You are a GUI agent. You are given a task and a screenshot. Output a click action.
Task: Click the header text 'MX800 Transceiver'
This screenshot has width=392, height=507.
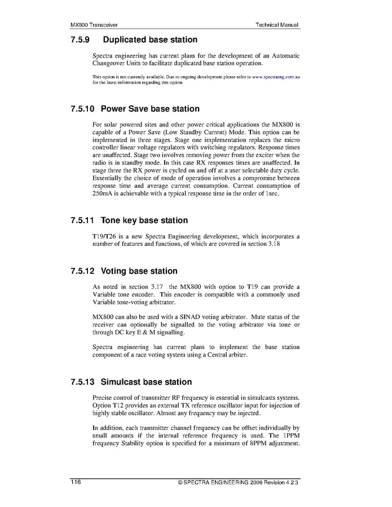[x=94, y=25]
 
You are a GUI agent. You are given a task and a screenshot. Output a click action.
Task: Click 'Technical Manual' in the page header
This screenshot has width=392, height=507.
[x=277, y=25]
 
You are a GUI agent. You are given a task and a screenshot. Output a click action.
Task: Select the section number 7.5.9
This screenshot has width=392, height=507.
[x=81, y=40]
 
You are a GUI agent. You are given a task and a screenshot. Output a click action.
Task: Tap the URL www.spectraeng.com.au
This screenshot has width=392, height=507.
[x=275, y=76]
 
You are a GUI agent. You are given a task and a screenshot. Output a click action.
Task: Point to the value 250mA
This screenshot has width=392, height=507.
[x=102, y=193]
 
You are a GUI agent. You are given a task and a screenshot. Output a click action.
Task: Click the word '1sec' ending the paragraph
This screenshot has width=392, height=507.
[x=273, y=193]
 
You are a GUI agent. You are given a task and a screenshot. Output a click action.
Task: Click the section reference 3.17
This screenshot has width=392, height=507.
[x=149, y=286]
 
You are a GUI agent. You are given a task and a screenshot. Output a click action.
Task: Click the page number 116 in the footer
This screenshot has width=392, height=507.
[x=76, y=483]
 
